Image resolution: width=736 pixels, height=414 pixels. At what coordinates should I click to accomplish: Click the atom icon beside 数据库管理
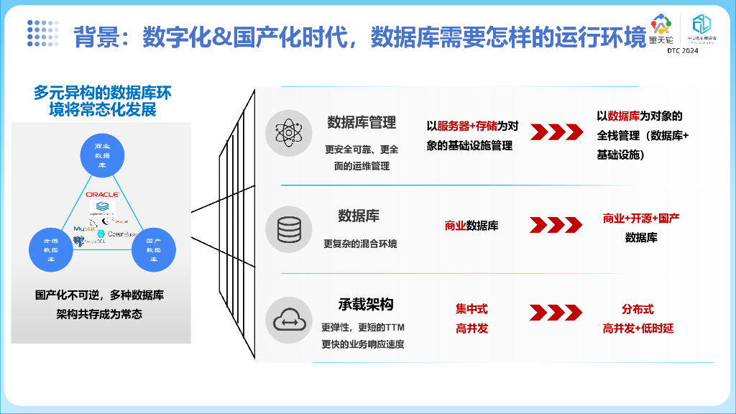pos(289,132)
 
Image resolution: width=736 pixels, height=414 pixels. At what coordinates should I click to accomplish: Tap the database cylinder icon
pos(289,227)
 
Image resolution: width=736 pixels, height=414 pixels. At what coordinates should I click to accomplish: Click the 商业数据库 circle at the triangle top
pos(101,155)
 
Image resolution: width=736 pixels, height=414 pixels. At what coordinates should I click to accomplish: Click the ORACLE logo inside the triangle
pos(101,194)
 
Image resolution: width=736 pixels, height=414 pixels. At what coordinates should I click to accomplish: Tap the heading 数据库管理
pos(362,122)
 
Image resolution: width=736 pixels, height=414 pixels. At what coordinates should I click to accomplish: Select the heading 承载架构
pos(366,304)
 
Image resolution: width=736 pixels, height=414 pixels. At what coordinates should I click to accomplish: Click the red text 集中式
pos(471,309)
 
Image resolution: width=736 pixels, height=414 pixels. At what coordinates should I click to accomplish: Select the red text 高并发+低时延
pos(638,328)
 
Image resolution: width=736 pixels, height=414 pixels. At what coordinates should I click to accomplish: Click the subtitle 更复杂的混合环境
pos(360,244)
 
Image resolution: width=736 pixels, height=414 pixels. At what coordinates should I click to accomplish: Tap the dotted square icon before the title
pos(42,33)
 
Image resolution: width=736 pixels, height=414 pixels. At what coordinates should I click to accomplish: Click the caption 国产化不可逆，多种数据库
pos(99,295)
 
